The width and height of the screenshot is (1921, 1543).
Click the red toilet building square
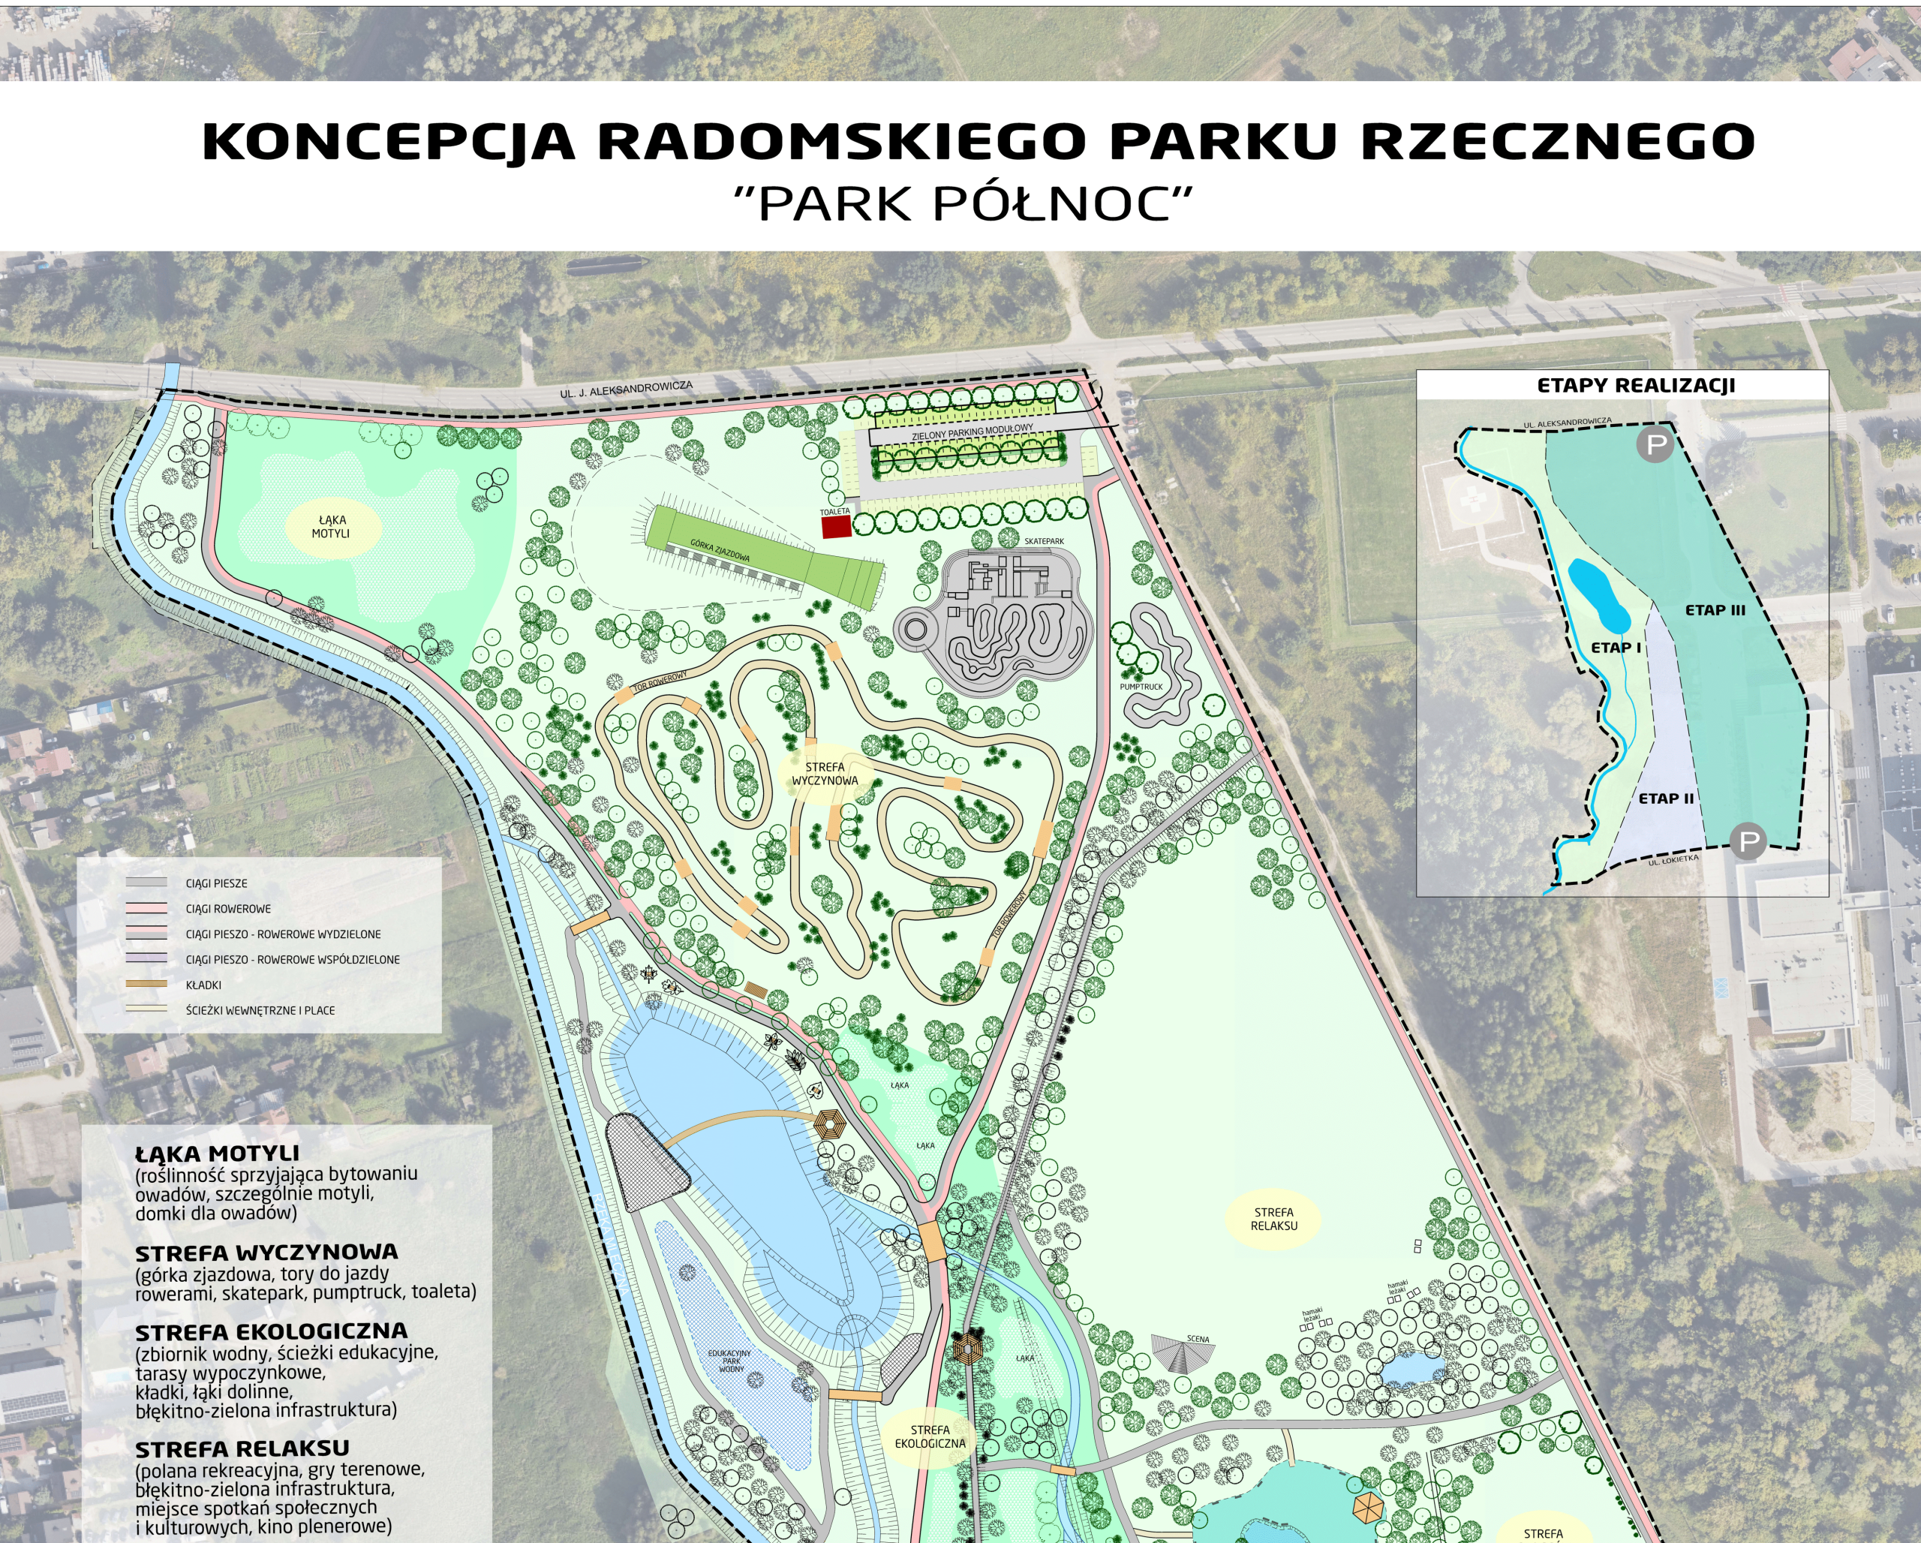pos(835,528)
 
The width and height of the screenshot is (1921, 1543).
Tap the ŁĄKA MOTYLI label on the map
pos(331,527)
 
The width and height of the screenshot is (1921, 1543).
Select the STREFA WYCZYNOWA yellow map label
pos(824,773)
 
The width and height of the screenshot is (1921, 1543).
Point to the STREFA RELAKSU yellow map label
pos(1273,1219)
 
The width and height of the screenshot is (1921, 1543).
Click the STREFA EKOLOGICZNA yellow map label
pos(929,1436)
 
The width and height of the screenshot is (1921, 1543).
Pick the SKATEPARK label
pos(1043,542)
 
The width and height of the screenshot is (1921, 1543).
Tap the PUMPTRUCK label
pos(1141,687)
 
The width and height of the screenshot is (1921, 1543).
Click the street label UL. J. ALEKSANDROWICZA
pos(626,390)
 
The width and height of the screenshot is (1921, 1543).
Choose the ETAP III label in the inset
pos(1715,610)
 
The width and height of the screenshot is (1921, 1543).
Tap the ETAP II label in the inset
pos(1665,799)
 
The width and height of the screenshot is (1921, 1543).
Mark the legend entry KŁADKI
pos(203,985)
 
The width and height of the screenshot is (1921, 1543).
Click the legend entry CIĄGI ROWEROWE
pos(228,909)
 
